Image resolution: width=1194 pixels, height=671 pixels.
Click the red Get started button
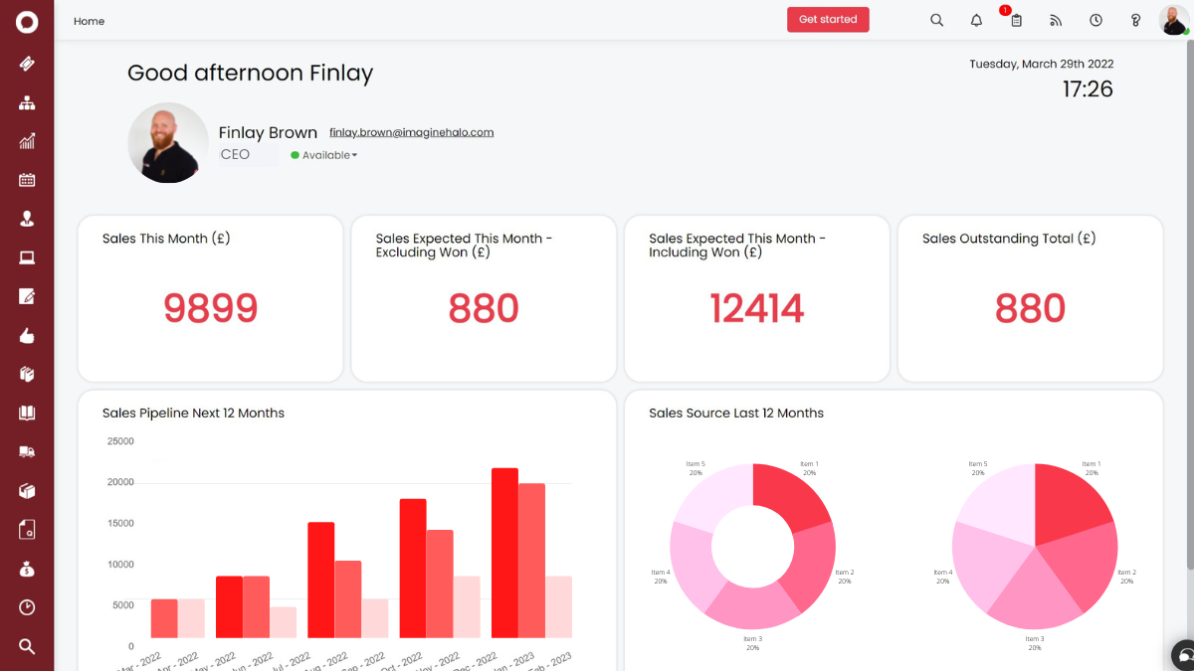tap(828, 20)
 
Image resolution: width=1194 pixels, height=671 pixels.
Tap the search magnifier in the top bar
tap(936, 20)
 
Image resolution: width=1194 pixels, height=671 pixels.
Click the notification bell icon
tap(976, 20)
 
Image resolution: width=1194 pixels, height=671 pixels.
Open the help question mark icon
tap(1135, 20)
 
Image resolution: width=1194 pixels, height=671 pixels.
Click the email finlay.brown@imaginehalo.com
tap(411, 132)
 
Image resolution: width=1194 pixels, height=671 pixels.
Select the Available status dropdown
tap(324, 155)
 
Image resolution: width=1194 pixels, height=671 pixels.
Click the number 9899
tap(210, 308)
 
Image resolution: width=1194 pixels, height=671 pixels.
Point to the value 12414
tap(756, 308)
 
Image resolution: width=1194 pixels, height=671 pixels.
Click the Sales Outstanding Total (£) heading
tap(1008, 239)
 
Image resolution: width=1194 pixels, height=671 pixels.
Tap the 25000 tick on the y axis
tap(119, 441)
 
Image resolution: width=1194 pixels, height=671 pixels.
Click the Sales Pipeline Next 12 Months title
tap(193, 414)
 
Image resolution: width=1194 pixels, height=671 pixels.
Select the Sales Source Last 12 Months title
tap(735, 414)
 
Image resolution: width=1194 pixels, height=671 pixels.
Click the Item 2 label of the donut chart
tap(844, 577)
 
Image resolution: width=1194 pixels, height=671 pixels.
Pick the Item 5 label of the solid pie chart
tap(977, 468)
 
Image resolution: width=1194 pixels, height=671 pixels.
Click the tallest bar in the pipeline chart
tap(504, 552)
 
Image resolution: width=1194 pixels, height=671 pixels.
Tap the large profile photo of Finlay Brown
tap(168, 142)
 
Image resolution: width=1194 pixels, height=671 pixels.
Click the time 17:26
tap(1087, 89)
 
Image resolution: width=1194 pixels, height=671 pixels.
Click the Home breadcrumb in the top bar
tap(89, 21)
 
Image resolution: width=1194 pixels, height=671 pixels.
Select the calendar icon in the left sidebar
tap(27, 180)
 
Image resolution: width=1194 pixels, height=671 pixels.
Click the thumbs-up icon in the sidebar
tap(27, 336)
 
